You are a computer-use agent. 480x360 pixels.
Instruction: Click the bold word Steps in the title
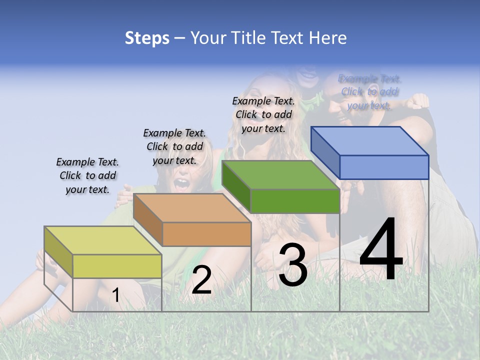147,38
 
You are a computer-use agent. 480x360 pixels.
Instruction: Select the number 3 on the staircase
292,265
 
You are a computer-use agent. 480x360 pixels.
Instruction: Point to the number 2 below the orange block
201,280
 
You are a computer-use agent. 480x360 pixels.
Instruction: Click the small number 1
115,295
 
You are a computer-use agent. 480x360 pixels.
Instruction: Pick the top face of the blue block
370,140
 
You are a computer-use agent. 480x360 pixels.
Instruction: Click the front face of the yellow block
117,266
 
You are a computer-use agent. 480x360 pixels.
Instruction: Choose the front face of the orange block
206,234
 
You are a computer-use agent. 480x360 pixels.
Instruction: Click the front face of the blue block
384,167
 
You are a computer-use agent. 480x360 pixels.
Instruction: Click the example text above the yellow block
87,175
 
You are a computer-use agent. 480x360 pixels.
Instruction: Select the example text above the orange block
174,146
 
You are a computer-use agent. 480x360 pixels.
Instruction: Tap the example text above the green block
263,114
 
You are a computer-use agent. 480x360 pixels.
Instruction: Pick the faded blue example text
369,91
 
